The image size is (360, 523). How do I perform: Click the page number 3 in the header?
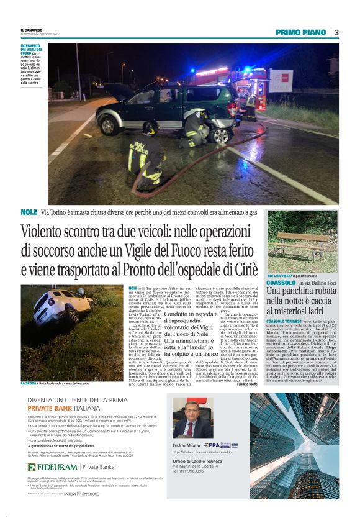[336, 32]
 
